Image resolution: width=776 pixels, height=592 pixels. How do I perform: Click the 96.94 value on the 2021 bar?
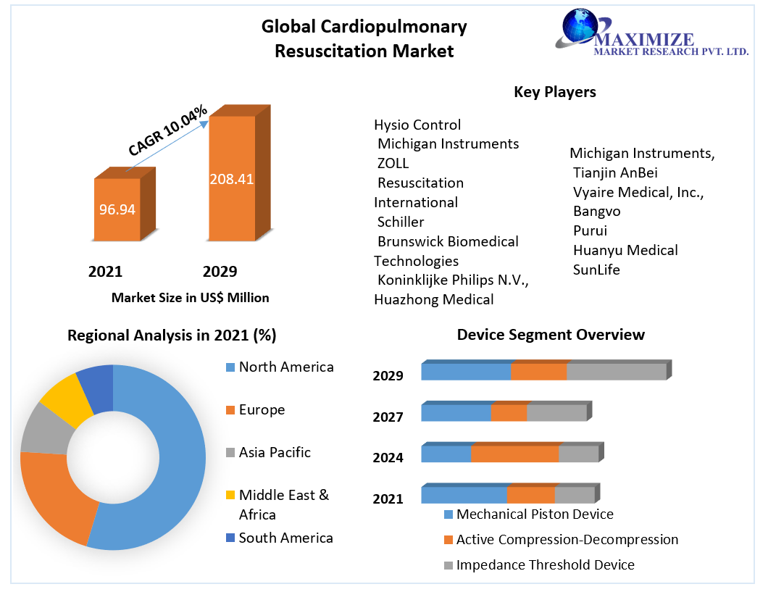pos(117,210)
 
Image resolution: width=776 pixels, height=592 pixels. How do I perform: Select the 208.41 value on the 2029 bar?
pos(231,179)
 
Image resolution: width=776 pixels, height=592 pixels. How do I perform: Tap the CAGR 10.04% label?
pos(168,130)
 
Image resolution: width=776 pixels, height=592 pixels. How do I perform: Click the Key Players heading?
pos(554,92)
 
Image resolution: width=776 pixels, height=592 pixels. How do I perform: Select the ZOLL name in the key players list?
pos(393,163)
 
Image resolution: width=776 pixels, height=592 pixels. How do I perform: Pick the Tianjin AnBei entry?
pos(615,172)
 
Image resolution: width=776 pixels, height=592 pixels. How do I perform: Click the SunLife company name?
pos(596,270)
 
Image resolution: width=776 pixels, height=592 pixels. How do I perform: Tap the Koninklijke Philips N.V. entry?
pos(453,280)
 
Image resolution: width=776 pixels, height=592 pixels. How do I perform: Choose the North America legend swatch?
pos(230,367)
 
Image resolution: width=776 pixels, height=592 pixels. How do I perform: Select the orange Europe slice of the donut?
pos(54,500)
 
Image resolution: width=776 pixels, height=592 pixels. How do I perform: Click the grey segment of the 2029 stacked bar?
pos(616,372)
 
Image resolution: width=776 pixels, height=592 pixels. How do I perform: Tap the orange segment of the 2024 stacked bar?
pos(514,454)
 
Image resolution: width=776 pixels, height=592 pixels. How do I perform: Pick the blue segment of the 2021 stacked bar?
pos(464,495)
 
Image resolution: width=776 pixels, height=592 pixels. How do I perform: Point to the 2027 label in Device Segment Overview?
pos(388,417)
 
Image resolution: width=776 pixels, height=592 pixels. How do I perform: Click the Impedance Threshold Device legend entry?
pos(545,565)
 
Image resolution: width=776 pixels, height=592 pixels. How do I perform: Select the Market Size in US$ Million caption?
pos(190,298)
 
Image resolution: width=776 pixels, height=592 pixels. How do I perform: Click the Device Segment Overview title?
pos(551,335)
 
